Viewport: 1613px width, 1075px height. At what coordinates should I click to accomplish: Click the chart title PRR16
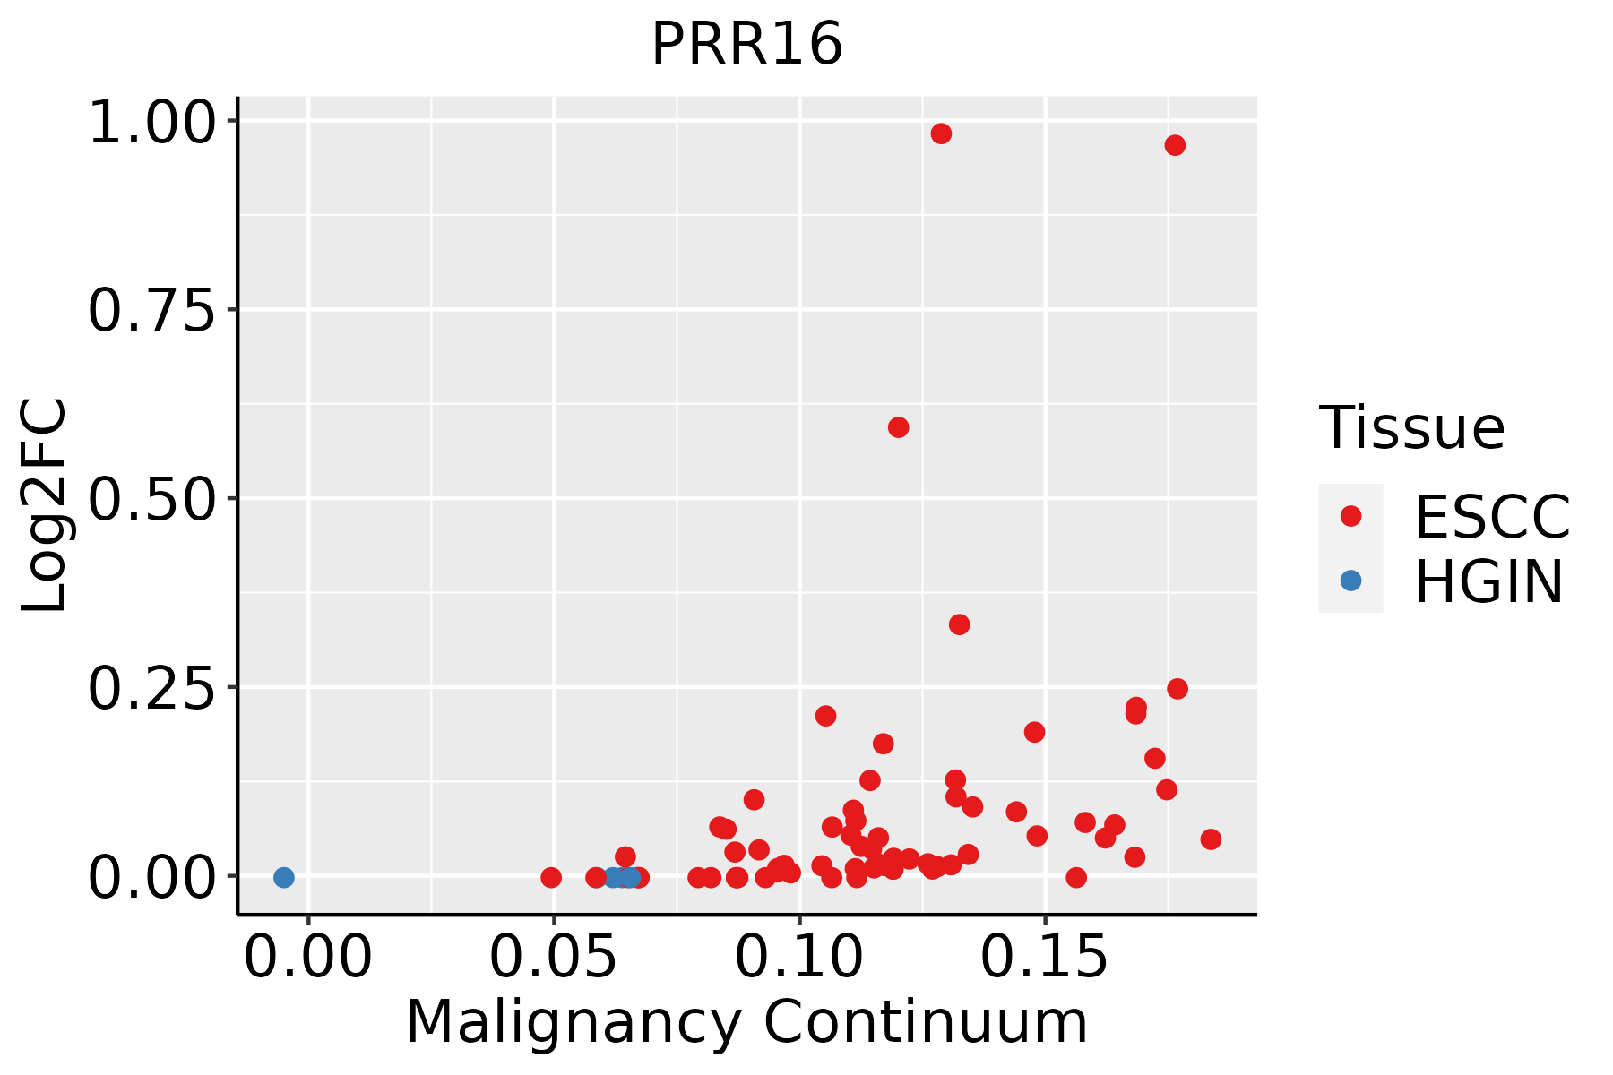coord(747,44)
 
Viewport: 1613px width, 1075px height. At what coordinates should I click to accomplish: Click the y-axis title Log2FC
coord(45,506)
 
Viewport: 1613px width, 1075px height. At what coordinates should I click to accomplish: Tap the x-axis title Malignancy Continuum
coord(746,1022)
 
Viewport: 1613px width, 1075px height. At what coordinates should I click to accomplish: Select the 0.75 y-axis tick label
coord(152,311)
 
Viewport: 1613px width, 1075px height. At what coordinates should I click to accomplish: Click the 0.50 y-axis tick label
coord(152,500)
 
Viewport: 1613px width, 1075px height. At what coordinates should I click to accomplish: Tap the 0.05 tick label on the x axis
coord(554,957)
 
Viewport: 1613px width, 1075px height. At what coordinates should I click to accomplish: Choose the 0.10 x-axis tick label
coord(799,957)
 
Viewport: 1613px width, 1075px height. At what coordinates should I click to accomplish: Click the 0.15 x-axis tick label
coord(1045,957)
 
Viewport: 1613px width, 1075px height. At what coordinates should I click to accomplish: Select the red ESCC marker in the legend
coord(1350,516)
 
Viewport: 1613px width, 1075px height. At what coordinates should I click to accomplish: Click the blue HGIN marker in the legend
coord(1350,580)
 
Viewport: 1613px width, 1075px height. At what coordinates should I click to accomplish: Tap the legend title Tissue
coord(1412,427)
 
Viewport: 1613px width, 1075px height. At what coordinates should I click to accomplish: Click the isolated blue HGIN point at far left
coord(284,877)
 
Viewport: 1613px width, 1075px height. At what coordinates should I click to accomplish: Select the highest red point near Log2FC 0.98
coord(941,133)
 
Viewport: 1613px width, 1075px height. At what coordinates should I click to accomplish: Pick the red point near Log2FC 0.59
coord(899,427)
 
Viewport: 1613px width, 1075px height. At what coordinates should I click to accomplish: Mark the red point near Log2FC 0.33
coord(960,624)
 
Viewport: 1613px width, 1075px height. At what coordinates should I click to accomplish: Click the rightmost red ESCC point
coord(1211,839)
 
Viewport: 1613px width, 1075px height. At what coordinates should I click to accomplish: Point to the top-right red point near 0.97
coord(1175,145)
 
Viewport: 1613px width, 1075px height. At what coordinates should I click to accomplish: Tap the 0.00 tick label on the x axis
coord(308,957)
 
